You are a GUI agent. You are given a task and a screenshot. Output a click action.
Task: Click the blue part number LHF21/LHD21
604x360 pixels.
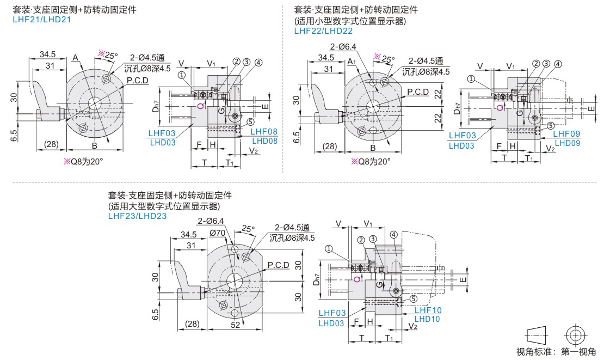tap(42, 19)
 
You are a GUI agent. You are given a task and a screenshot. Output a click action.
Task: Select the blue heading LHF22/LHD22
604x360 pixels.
tap(323, 30)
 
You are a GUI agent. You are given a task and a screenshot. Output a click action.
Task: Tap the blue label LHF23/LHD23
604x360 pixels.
tap(137, 216)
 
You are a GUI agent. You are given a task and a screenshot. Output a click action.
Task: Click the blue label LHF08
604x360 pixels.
tap(264, 132)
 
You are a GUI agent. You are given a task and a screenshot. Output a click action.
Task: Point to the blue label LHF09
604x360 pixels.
tap(566, 133)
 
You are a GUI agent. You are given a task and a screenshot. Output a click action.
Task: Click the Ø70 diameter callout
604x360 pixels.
tap(218, 233)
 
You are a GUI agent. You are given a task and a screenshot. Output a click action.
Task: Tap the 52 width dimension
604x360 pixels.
tap(235, 325)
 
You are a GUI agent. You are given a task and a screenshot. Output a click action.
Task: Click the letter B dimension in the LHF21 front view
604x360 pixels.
tap(94, 146)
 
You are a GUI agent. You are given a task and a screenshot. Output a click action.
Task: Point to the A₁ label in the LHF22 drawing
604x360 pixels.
tap(352, 62)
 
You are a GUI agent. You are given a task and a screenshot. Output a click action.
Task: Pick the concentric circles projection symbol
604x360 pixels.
tap(575, 334)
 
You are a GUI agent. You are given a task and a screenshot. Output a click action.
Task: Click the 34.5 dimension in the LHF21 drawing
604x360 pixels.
tap(47, 54)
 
